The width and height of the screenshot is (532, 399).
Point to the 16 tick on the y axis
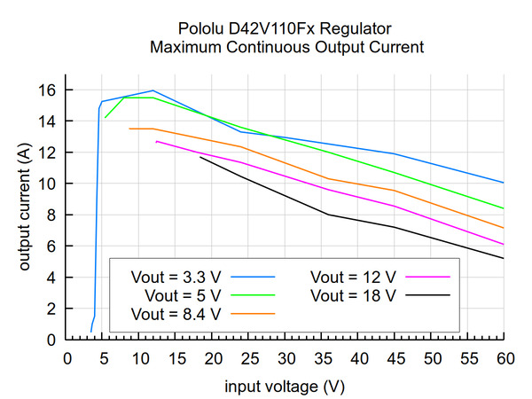tap(48, 90)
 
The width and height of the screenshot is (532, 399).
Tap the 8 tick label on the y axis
tap(52, 215)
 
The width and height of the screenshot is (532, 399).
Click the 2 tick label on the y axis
tap(52, 309)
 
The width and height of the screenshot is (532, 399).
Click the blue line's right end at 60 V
tap(504, 183)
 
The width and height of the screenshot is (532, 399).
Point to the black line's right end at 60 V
tap(504, 258)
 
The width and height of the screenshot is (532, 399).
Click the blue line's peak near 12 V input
tap(153, 90)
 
